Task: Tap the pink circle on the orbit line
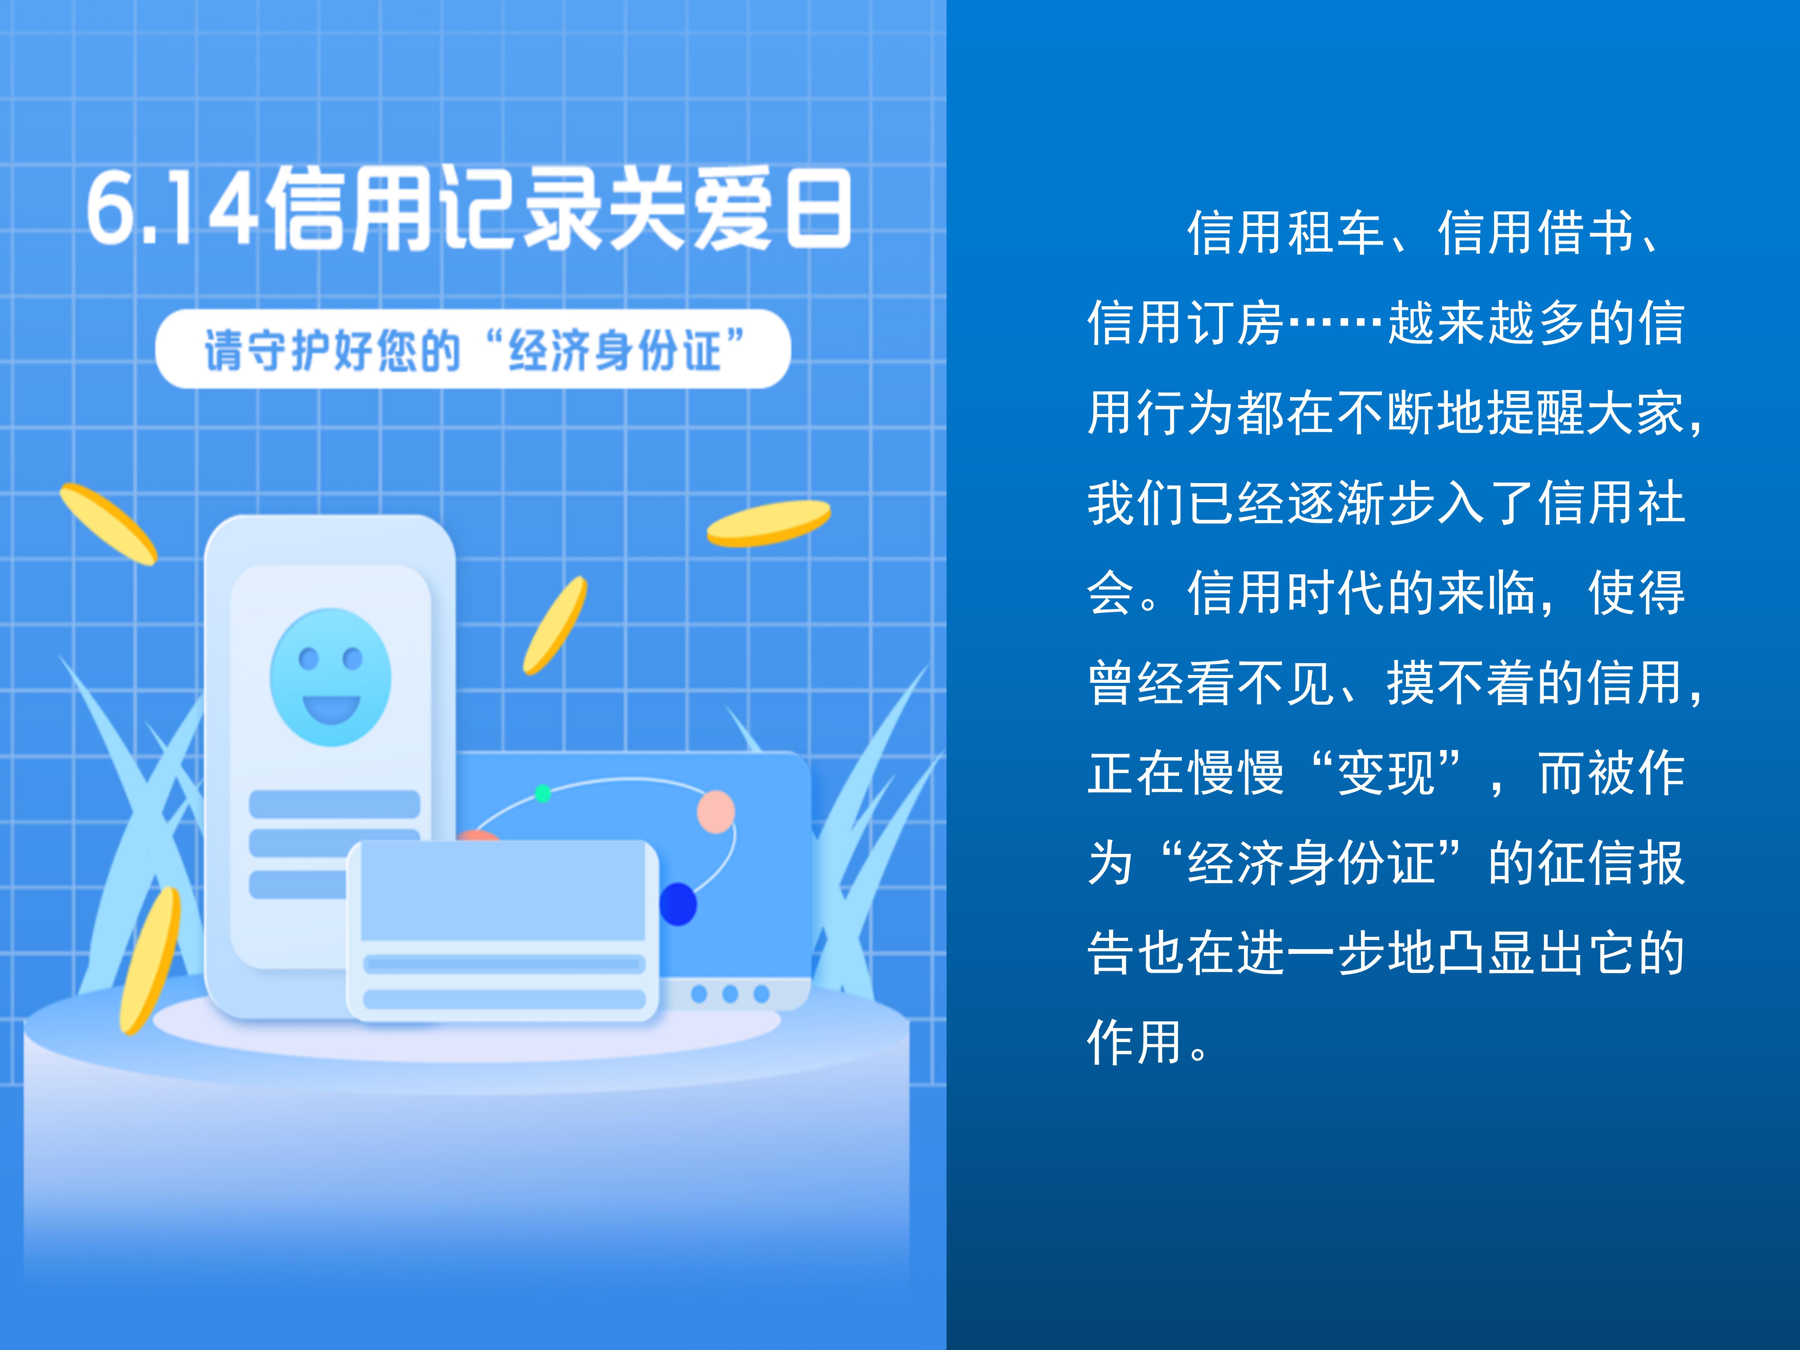point(716,811)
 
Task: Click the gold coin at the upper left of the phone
point(108,523)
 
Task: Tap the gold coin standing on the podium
point(151,960)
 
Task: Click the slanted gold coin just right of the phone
point(555,625)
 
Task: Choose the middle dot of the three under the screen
point(730,993)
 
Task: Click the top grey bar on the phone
point(334,804)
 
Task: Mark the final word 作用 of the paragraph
point(1136,1042)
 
